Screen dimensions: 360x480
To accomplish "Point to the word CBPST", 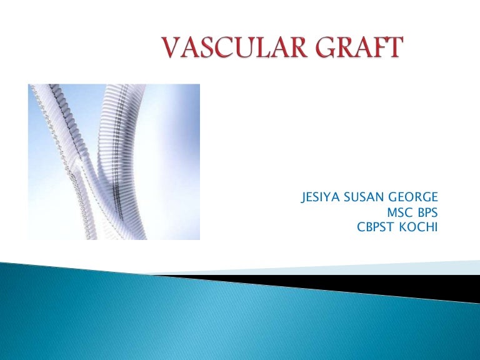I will click(x=375, y=227).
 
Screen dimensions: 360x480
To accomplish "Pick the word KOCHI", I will click(x=419, y=227).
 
